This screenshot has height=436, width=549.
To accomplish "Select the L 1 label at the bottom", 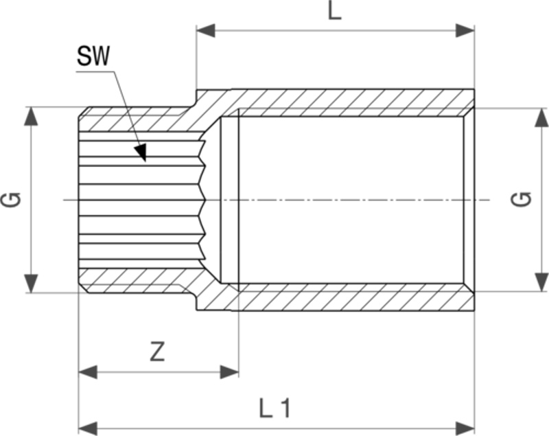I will click(274, 409).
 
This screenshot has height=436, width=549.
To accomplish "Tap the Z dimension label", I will click(157, 352).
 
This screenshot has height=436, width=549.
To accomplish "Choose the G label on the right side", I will click(522, 200).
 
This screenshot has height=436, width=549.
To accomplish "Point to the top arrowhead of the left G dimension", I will click(30, 116).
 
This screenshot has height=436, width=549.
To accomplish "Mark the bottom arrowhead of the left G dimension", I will click(30, 283).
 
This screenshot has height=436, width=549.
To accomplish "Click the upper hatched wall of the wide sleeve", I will click(343, 102).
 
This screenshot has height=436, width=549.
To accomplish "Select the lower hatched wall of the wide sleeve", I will click(343, 297).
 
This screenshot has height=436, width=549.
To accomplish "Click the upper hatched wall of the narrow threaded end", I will click(137, 119).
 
